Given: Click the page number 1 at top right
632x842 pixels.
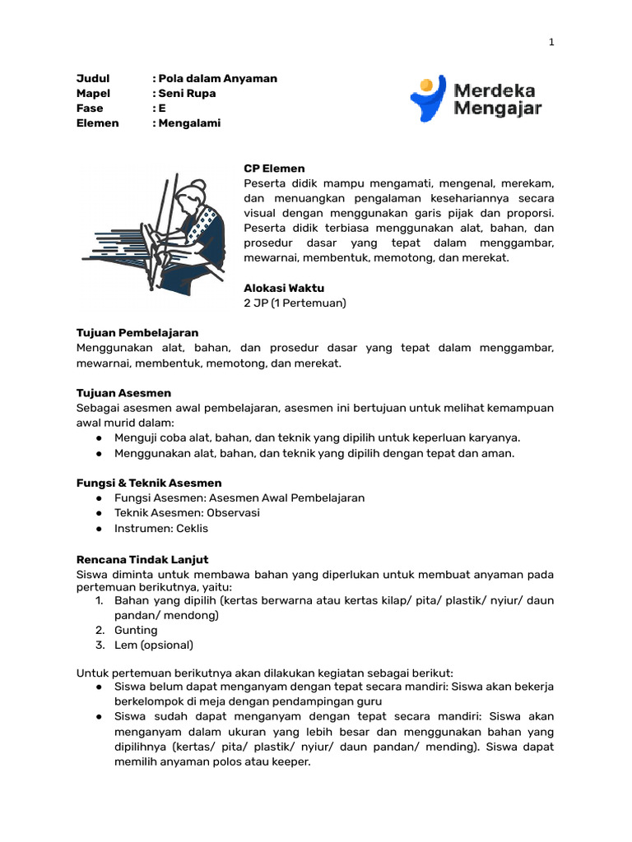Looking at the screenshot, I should (x=551, y=44).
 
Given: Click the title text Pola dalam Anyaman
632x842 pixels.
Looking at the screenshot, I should (x=217, y=78).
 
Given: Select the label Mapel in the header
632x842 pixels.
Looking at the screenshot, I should (x=93, y=93).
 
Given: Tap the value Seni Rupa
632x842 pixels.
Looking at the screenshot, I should (x=187, y=93).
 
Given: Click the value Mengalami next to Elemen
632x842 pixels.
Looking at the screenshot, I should (x=189, y=123).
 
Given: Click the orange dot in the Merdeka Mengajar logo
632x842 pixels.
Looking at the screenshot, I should (x=426, y=84).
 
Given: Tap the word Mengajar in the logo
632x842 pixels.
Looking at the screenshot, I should (x=497, y=108).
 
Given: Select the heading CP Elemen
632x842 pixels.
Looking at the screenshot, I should (x=274, y=169).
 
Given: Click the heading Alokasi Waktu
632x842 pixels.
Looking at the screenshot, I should (x=284, y=288).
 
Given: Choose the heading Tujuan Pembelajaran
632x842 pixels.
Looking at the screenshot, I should (x=137, y=332).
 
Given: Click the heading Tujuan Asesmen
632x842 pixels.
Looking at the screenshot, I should (x=123, y=392).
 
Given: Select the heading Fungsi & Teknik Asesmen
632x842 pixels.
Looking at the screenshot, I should (x=149, y=483).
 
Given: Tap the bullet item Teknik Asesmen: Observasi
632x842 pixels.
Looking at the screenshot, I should (x=187, y=512).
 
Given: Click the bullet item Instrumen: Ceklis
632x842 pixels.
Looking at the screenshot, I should (x=161, y=528).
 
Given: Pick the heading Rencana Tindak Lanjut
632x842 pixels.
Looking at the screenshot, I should (x=142, y=558).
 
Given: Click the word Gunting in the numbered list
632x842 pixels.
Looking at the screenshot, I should (x=136, y=630).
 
